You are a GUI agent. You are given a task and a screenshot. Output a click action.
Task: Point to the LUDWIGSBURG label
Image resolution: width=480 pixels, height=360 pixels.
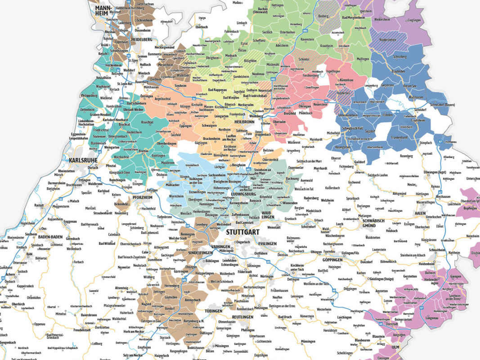243,194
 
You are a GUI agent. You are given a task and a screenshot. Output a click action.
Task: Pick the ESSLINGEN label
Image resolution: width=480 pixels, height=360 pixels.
268,243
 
